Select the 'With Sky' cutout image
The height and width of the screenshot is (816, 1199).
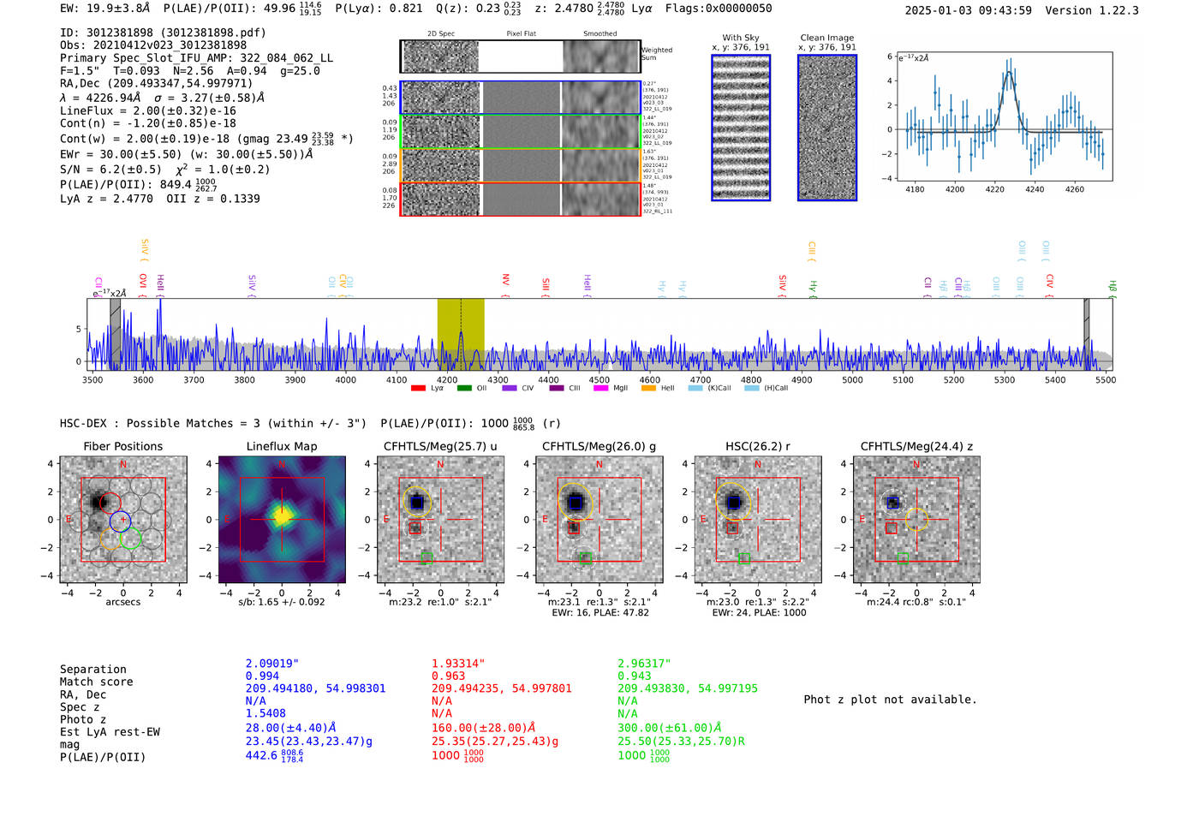coord(741,128)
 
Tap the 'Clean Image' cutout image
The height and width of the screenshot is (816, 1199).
coord(827,128)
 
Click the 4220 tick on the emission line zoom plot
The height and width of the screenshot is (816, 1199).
coord(994,189)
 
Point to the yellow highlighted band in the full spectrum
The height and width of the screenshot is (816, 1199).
coord(461,334)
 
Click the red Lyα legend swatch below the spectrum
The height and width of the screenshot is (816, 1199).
coord(419,389)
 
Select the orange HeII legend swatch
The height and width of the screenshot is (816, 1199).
coord(648,389)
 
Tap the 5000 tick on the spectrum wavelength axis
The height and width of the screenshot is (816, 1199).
coord(852,380)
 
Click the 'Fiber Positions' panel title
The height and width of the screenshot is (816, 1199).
coord(122,446)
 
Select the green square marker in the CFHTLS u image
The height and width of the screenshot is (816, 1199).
coord(427,558)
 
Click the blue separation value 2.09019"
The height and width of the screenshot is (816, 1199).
coord(272,664)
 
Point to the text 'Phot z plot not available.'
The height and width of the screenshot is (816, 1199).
coord(890,700)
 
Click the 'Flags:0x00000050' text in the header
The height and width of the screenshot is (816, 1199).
coord(719,9)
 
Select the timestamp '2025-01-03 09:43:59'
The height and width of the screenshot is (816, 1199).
coord(968,10)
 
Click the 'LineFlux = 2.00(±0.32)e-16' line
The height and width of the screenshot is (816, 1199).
coord(148,110)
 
